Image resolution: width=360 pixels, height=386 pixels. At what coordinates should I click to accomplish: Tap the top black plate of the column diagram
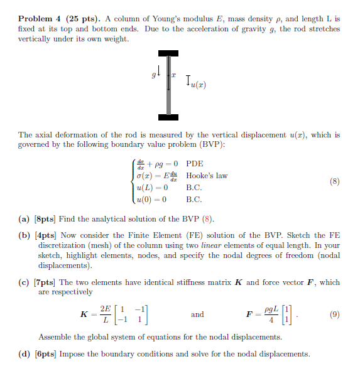coord(168,53)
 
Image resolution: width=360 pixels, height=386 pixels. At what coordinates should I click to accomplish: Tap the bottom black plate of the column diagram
coord(168,116)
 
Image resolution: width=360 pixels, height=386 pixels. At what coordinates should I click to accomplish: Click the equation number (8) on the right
coord(334,181)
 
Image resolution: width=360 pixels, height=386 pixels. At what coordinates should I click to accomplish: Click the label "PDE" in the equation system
coord(195,163)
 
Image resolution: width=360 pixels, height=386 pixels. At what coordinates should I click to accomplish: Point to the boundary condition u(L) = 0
coord(151,188)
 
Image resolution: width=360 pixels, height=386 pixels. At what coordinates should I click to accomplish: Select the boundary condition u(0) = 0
coord(151,200)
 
